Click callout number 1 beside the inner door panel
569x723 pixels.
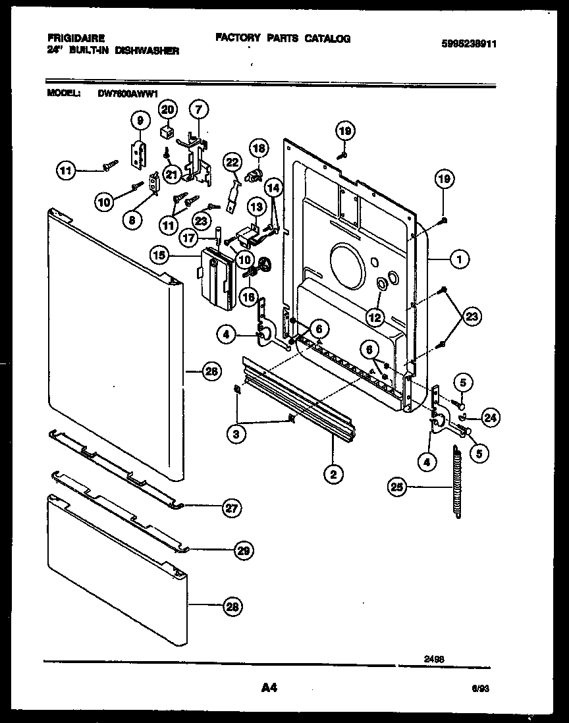click(460, 260)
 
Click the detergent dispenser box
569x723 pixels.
click(216, 279)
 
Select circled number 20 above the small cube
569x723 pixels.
click(168, 109)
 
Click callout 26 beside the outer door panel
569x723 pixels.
click(210, 372)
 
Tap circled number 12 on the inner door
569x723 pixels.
click(375, 317)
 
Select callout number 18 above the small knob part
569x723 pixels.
click(259, 148)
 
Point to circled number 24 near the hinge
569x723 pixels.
click(489, 416)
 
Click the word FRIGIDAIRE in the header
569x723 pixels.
click(76, 40)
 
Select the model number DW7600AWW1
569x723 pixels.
click(124, 94)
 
